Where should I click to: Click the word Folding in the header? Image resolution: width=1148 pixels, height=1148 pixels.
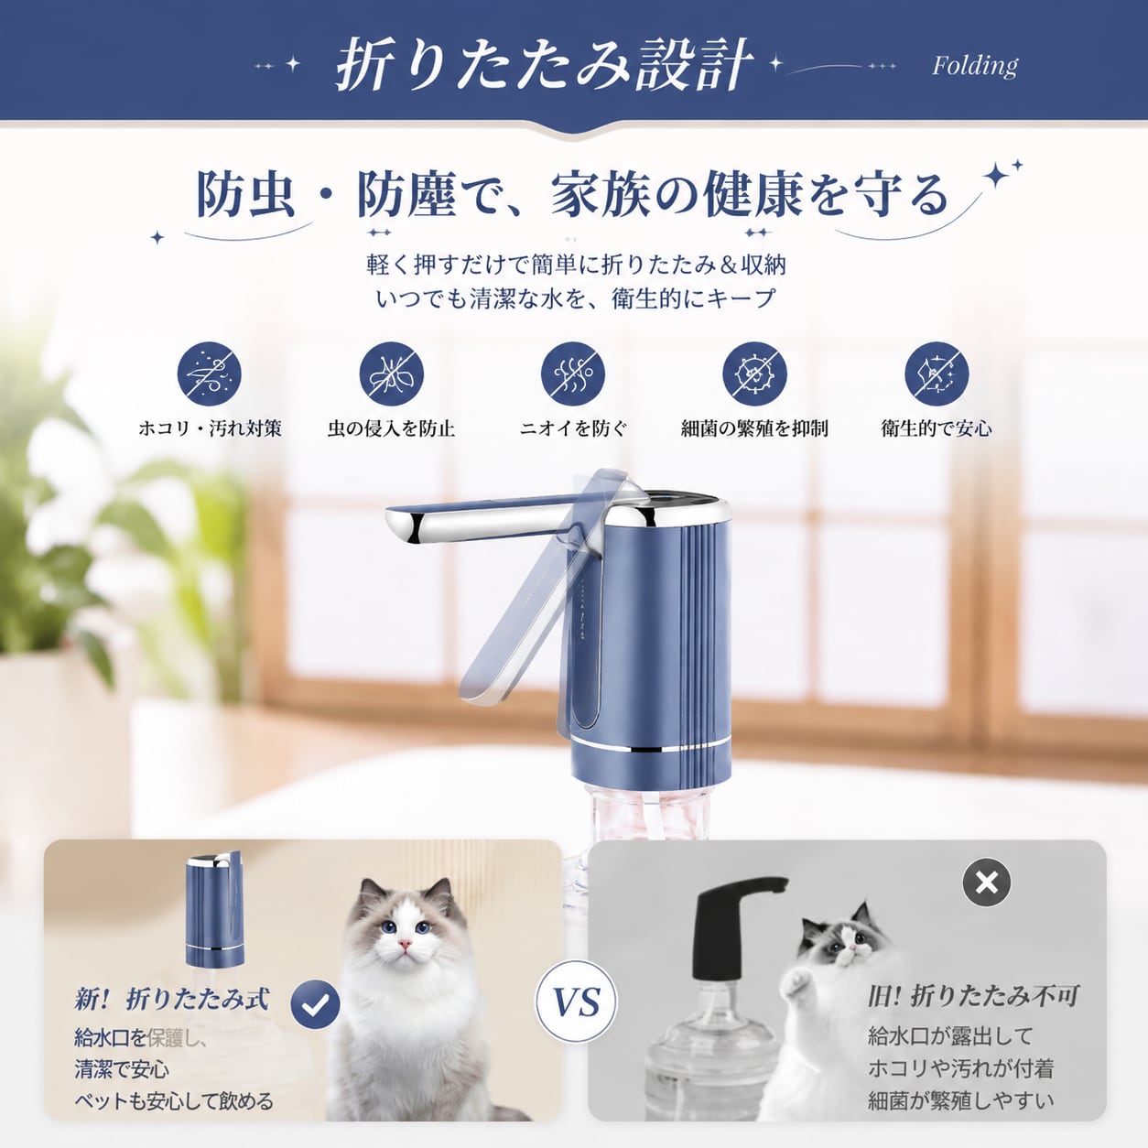[x=975, y=67]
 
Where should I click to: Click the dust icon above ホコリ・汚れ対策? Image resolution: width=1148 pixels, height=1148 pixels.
[x=209, y=374]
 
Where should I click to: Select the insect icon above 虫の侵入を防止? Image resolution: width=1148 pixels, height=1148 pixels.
[x=392, y=374]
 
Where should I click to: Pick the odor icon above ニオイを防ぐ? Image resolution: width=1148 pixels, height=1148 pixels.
[x=573, y=374]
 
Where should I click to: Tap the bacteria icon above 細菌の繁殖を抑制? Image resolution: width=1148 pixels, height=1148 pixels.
[x=755, y=374]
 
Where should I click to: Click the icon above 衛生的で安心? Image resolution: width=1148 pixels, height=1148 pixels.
[x=937, y=374]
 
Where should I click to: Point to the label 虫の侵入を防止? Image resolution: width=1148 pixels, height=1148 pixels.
[x=392, y=428]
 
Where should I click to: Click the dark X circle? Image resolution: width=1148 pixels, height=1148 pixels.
[x=987, y=883]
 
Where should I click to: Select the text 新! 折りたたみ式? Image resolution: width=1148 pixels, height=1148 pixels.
[x=171, y=999]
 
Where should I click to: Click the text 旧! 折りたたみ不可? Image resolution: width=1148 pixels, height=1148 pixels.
[x=973, y=995]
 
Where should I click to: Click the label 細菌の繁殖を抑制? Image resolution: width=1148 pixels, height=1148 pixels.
[x=755, y=428]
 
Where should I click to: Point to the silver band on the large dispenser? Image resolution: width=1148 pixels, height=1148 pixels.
[x=651, y=746]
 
